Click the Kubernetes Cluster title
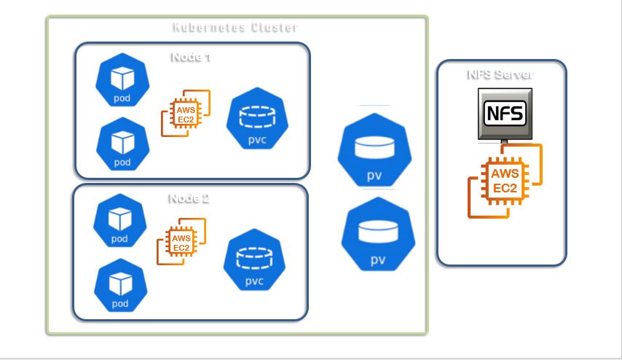point(235,28)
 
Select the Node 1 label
point(191,58)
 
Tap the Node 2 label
point(189,198)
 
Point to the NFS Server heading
point(500,74)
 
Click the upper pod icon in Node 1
point(122,81)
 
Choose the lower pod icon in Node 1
point(122,144)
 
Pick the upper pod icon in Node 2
point(119,222)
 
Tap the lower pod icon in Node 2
point(119,285)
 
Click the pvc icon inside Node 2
point(252,260)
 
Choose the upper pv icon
point(375,151)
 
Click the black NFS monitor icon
point(504,113)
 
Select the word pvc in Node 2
point(253,281)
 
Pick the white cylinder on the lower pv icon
point(378,230)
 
